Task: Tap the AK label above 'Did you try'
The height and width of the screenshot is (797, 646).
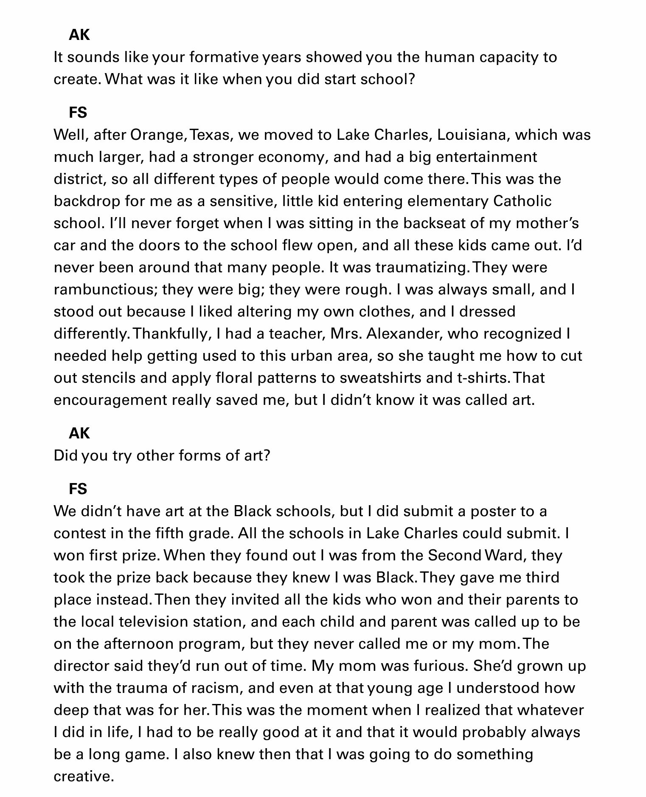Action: coord(79,433)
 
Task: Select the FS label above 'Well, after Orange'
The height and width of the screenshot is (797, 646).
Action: coord(78,113)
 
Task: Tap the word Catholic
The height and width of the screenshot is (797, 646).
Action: coord(522,201)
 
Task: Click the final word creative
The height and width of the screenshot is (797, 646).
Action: coord(84,776)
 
